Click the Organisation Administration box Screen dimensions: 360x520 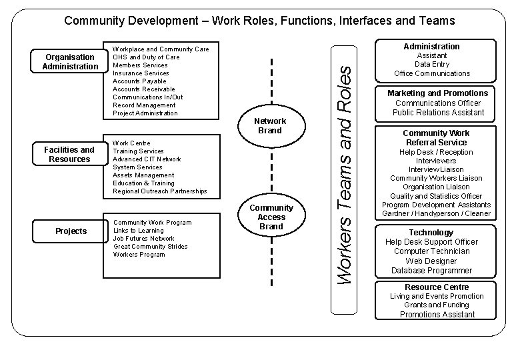69,62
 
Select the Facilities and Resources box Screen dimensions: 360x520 69,155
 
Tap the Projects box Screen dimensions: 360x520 71,231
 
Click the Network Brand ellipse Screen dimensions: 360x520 271,126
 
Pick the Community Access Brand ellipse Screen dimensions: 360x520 271,217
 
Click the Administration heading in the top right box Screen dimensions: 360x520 431,47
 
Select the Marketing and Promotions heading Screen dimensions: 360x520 438,93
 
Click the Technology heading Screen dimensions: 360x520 431,232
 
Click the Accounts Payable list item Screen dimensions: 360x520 140,81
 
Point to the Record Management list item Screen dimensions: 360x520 144,105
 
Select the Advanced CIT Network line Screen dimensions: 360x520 147,159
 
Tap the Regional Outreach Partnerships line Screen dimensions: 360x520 160,191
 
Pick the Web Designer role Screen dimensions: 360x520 431,261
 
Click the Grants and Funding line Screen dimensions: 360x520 437,305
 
